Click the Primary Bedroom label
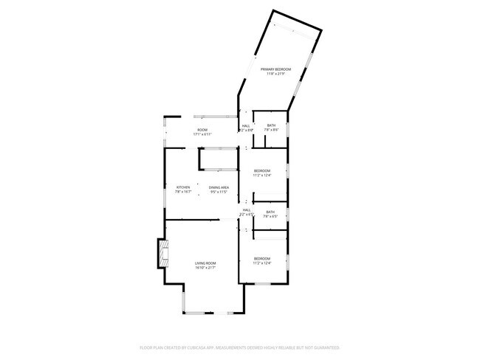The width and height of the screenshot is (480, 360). [x=275, y=69]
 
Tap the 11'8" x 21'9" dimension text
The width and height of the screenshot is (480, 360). [x=275, y=74]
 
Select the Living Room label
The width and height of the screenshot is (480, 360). [x=205, y=263]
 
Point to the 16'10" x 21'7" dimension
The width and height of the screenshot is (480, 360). [x=205, y=268]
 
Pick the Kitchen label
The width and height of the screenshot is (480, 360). [x=183, y=187]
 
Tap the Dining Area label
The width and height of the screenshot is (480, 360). [x=219, y=187]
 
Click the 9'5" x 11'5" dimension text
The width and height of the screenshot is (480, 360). [x=219, y=192]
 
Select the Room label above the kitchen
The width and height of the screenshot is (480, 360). [x=202, y=130]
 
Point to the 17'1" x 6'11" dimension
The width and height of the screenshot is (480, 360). [x=202, y=134]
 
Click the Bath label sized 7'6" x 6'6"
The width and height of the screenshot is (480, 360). [x=271, y=125]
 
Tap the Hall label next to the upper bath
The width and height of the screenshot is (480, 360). [x=246, y=125]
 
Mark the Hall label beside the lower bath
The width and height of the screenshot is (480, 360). [x=247, y=210]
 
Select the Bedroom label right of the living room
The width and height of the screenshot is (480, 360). [x=262, y=258]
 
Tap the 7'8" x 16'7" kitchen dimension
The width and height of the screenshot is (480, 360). [x=183, y=192]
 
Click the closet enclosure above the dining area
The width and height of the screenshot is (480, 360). [x=219, y=159]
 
